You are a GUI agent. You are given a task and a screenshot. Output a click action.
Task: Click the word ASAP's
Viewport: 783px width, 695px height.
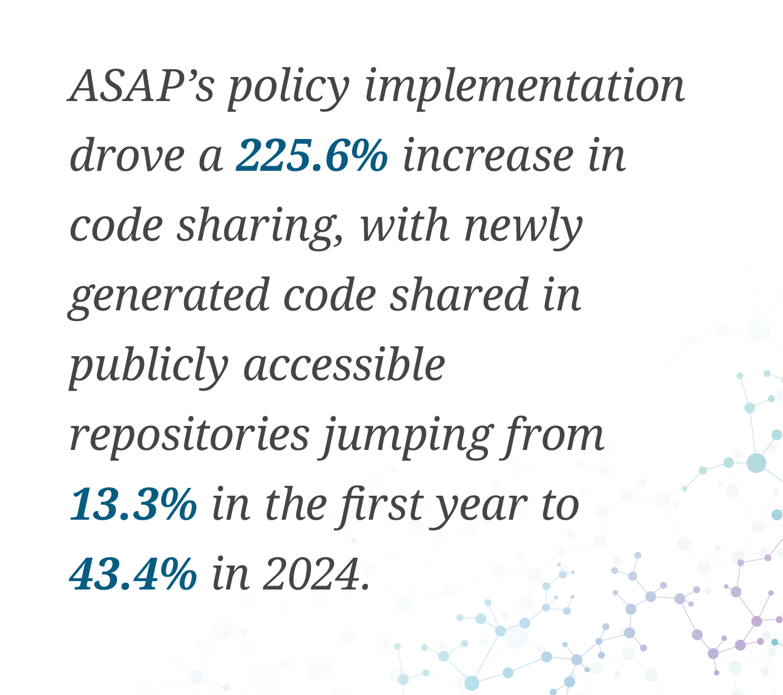(x=141, y=87)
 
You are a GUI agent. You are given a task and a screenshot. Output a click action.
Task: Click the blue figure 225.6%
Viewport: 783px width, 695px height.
(x=311, y=156)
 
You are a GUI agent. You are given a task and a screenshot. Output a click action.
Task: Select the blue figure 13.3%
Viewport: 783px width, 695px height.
(x=133, y=505)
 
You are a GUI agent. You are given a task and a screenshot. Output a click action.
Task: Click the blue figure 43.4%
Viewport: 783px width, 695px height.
(x=133, y=575)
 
